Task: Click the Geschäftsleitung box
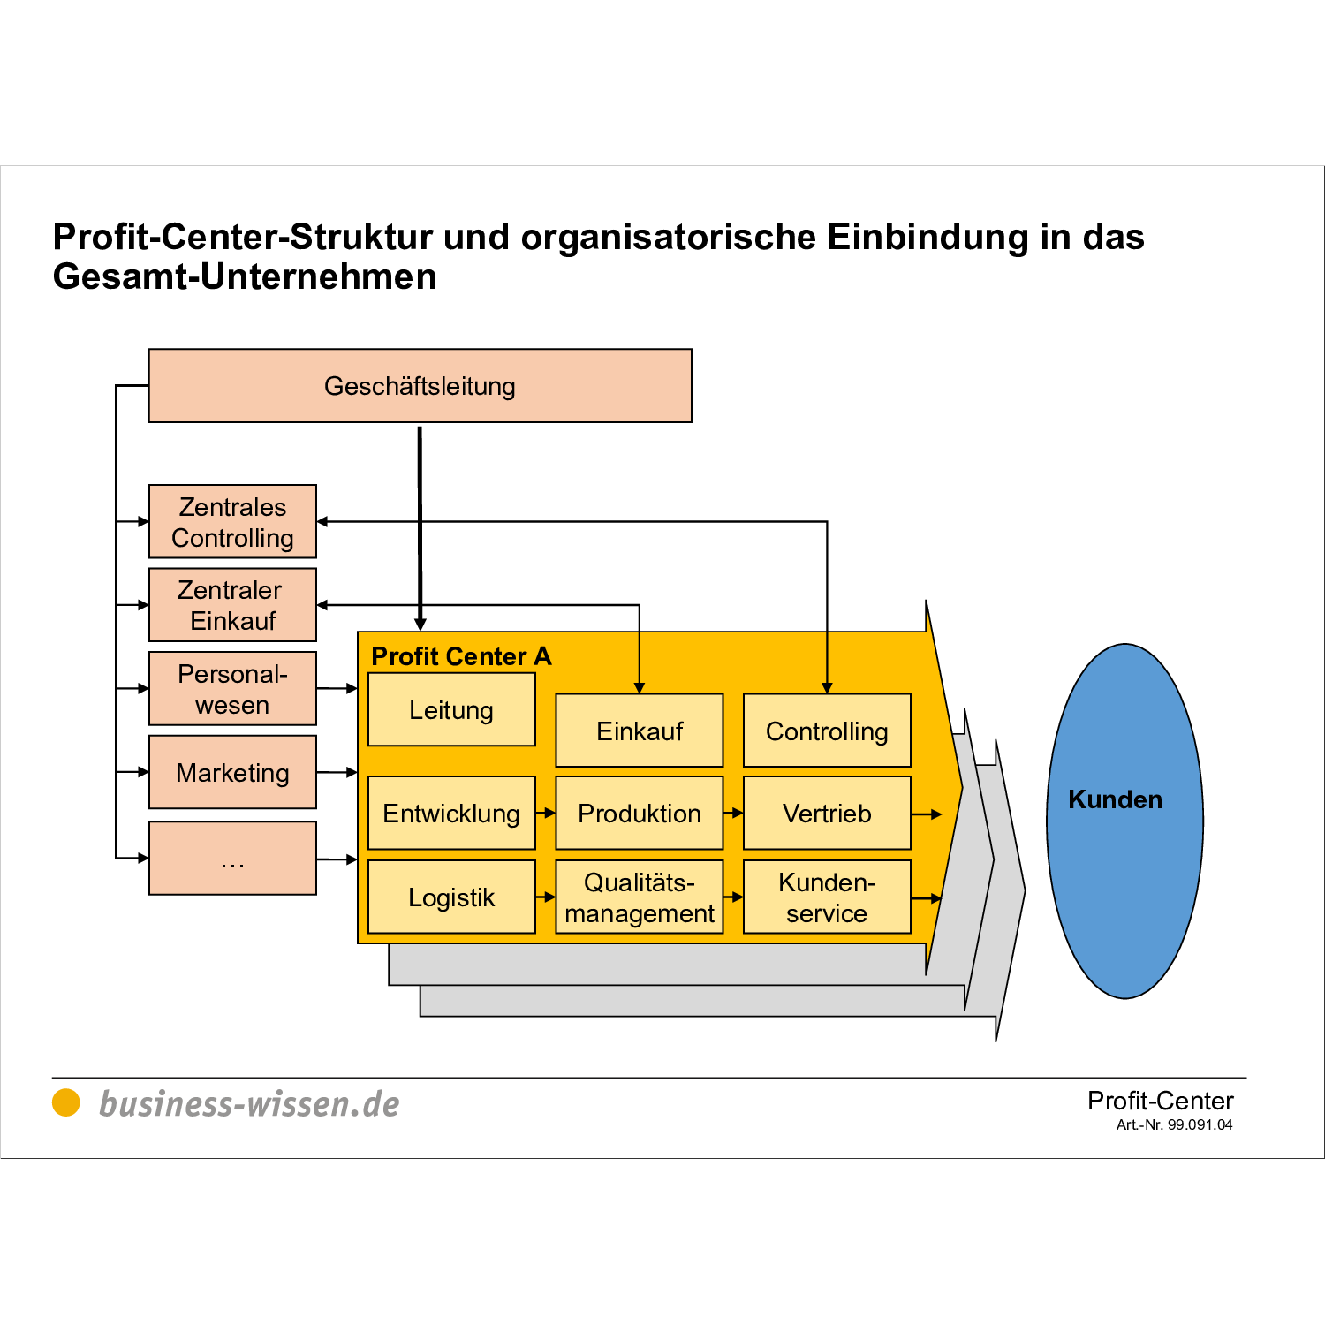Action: tap(420, 386)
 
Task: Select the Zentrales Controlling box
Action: tap(232, 522)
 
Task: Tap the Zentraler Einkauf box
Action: tap(232, 605)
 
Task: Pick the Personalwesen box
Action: tap(232, 689)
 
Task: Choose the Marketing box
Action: tap(232, 773)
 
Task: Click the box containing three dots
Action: tap(232, 859)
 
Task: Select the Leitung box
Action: tap(451, 710)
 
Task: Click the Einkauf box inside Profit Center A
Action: tap(640, 731)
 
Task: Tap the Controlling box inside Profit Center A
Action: tap(827, 731)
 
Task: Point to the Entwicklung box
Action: tap(451, 814)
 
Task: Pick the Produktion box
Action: tap(640, 814)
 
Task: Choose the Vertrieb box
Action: tap(827, 814)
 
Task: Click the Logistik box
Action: tap(451, 897)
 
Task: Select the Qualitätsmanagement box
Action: tap(640, 897)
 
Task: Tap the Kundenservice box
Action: tap(827, 897)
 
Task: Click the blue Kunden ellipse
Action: tap(1124, 821)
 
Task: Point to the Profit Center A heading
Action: tap(461, 656)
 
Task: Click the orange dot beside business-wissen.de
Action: tap(66, 1102)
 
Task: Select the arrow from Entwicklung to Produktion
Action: tap(546, 814)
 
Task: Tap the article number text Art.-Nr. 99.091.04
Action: tap(1174, 1125)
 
